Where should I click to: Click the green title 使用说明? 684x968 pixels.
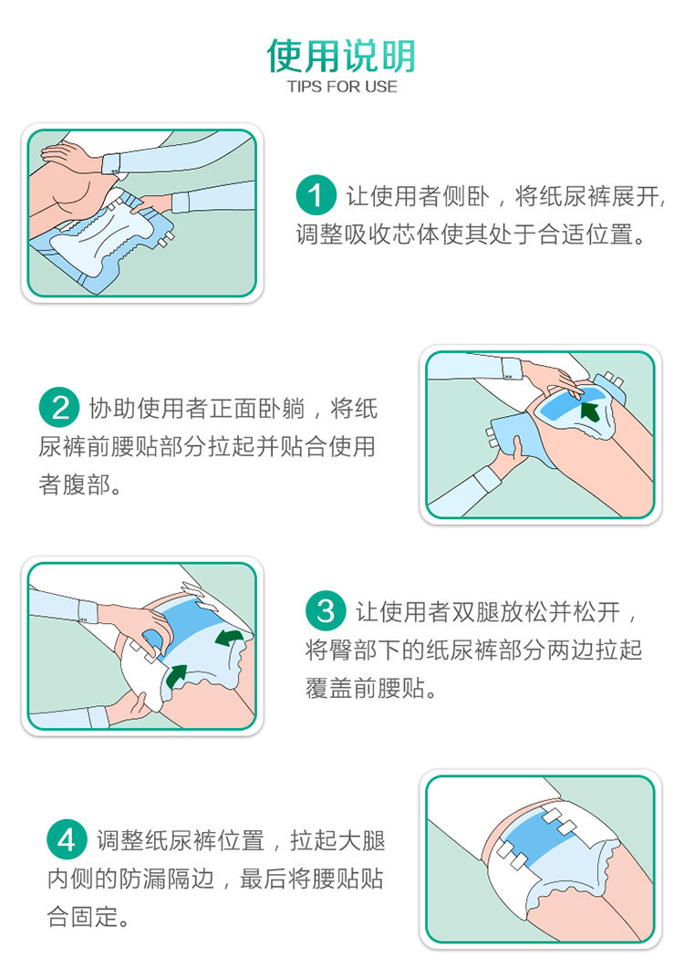pos(341,56)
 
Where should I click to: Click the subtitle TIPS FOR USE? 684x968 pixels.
pos(342,87)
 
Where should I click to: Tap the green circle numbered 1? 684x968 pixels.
pos(316,196)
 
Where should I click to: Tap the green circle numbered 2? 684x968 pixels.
pos(59,407)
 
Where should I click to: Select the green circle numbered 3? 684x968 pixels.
pos(326,611)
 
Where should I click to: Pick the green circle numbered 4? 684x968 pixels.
pos(67,839)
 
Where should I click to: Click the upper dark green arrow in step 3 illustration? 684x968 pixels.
pos(228,638)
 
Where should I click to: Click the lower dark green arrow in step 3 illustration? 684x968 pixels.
pos(177,675)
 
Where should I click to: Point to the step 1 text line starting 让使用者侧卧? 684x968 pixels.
pos(505,196)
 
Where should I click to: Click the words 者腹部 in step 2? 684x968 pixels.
pos(79,484)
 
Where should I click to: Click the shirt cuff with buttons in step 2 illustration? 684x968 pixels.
pos(511,368)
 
